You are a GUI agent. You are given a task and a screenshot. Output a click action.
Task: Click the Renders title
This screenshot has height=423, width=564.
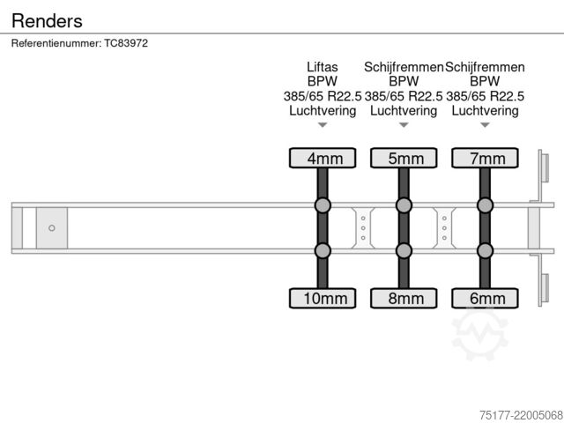[x=47, y=20]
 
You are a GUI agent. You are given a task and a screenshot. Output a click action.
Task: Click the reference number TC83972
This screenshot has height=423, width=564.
[x=126, y=43]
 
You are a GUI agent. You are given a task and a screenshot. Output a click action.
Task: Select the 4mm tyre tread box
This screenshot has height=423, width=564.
[x=323, y=158]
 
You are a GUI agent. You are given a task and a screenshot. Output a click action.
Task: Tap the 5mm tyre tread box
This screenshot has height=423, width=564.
[x=404, y=158]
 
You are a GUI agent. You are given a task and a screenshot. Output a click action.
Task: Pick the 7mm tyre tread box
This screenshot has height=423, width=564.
[x=485, y=158]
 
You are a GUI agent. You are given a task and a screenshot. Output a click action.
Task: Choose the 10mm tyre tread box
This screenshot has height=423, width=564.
[x=323, y=298]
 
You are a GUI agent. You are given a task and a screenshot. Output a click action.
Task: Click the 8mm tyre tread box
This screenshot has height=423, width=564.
[x=404, y=298]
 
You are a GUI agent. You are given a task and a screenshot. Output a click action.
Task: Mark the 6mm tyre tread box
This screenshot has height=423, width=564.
[x=485, y=298]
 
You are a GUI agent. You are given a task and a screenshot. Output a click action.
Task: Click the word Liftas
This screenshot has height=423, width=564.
[x=323, y=67]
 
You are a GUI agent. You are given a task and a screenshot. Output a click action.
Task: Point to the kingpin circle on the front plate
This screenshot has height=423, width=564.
[x=52, y=228]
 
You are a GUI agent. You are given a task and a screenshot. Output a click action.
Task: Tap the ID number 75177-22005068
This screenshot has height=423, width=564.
[x=521, y=415]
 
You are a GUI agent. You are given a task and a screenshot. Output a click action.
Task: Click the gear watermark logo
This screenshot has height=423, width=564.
[x=480, y=335]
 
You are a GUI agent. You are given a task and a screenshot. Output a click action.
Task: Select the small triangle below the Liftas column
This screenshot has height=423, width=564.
[x=323, y=125]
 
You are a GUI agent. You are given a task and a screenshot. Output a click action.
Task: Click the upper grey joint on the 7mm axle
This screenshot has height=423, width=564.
[x=485, y=205]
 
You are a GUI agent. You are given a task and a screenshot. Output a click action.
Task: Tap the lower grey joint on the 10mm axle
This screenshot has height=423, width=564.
[x=323, y=250]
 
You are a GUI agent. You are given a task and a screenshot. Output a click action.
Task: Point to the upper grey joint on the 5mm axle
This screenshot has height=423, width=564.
[x=404, y=205]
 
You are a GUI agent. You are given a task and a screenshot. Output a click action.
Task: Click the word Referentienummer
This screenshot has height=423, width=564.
[x=56, y=43]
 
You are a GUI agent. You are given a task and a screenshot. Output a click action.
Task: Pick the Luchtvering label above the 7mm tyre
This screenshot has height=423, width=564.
[x=485, y=110]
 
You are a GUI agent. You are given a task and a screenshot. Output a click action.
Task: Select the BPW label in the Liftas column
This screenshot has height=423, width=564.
[x=323, y=81]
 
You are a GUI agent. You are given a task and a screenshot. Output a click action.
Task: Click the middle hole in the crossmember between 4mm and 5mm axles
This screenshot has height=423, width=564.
[x=363, y=228]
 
